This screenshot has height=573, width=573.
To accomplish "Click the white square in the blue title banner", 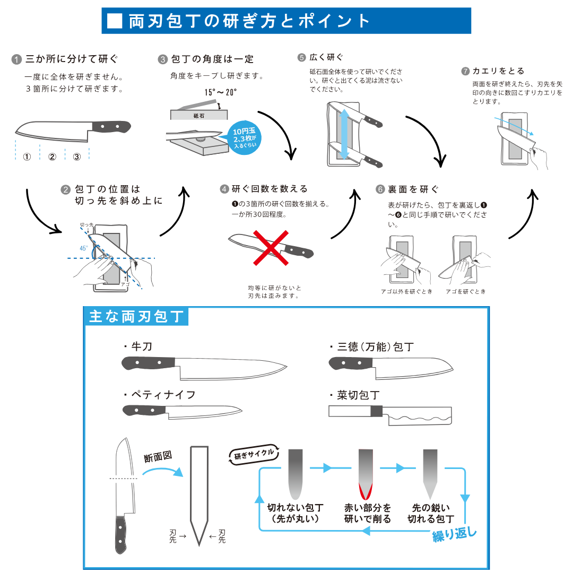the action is click(115, 21).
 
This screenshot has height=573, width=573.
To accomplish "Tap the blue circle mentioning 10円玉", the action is click(245, 138).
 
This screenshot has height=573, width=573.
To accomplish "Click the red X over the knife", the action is click(271, 248).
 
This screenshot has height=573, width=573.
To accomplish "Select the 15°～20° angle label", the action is click(220, 92).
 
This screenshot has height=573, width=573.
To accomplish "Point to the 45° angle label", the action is click(84, 248).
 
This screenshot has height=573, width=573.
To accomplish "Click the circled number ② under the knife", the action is click(52, 157).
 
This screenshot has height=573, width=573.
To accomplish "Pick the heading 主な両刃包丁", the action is click(136, 316).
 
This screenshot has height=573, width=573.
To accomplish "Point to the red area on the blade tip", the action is click(366, 491).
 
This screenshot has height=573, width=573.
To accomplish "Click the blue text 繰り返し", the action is click(455, 535).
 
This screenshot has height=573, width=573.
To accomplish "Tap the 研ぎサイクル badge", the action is click(254, 454).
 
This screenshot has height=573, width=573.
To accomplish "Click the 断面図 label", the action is click(158, 456).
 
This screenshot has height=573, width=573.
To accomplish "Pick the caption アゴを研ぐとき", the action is click(466, 291).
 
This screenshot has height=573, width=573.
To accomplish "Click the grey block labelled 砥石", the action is click(199, 115).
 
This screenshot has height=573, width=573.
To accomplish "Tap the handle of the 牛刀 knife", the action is click(149, 363).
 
